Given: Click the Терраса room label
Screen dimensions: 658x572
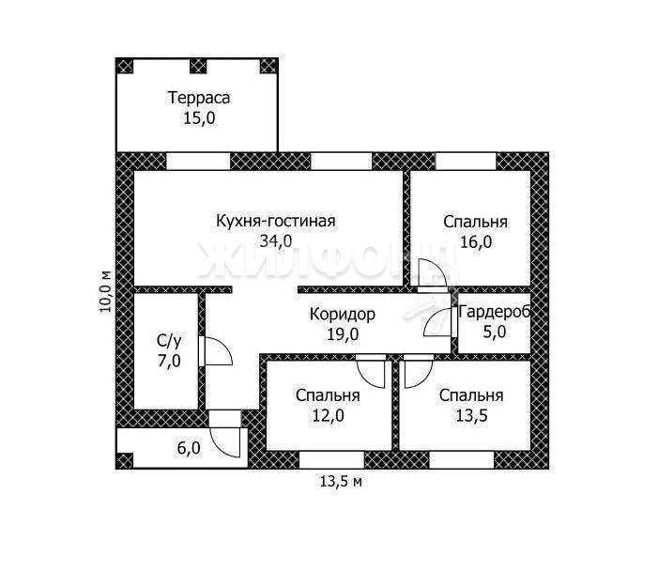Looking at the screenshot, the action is (x=199, y=98).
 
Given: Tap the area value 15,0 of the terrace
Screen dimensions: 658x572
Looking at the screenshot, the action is (x=199, y=118).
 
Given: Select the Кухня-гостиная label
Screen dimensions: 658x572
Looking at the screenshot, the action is (x=276, y=221).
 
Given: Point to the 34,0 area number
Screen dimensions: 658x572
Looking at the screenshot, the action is (x=276, y=241).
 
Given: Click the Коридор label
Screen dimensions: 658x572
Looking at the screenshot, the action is (x=343, y=314).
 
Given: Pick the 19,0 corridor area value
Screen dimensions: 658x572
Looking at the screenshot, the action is (x=343, y=334).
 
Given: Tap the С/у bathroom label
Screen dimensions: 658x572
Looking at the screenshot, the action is (x=169, y=341).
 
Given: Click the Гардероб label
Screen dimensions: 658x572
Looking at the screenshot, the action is (x=495, y=312).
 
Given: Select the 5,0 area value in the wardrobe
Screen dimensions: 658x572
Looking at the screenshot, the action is (x=495, y=332).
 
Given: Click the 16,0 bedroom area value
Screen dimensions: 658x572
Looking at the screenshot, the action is (x=476, y=242).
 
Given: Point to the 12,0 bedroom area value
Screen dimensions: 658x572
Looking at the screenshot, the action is (x=329, y=416).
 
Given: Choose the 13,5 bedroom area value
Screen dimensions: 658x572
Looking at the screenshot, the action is (x=472, y=416).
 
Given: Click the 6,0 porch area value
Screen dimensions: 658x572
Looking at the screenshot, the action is (x=189, y=449).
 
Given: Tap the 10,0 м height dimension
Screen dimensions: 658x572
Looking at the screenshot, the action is (x=106, y=290).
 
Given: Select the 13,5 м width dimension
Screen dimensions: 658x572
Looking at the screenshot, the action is (x=341, y=482).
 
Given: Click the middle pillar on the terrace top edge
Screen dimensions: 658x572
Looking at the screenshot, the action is (x=198, y=67).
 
